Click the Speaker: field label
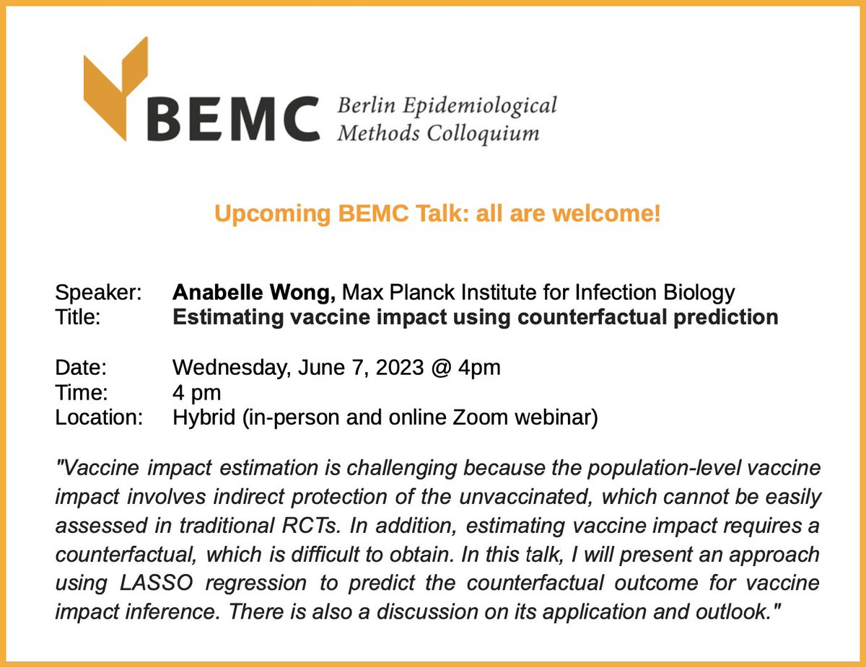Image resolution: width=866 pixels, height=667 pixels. (98, 293)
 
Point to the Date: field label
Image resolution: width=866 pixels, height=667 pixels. (81, 368)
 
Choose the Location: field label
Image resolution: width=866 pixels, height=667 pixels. (99, 418)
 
